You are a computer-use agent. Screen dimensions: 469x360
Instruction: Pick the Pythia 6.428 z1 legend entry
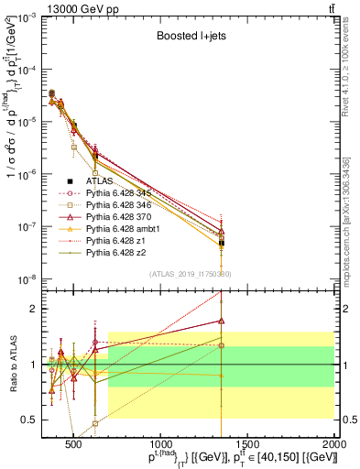point(112,241)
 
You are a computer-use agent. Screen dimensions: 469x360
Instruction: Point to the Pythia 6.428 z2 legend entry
point(112,253)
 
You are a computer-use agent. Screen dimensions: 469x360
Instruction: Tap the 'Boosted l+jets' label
point(191,37)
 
